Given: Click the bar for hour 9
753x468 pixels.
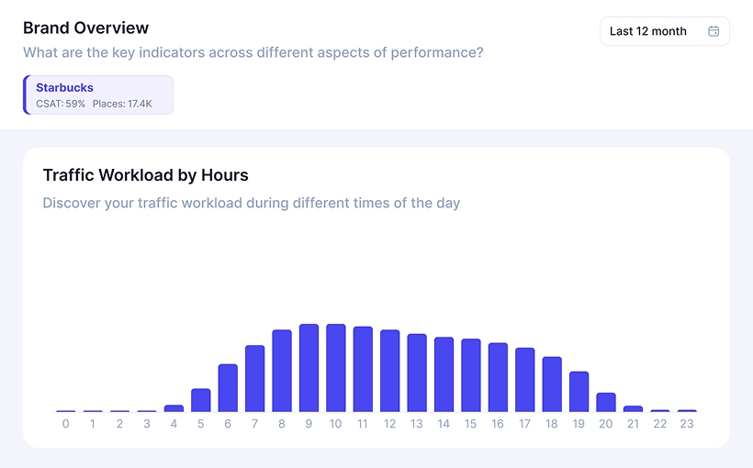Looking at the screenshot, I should [309, 368].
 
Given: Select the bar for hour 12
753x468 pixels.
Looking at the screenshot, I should [389, 371].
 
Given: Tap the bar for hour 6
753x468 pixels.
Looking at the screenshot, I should [228, 388].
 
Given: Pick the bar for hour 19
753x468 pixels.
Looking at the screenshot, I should [579, 392].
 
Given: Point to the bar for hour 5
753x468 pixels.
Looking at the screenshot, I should [200, 400].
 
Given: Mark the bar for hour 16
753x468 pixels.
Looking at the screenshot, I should [498, 377].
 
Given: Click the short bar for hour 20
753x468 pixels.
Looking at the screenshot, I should [606, 402].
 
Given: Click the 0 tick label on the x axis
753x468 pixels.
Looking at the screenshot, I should [65, 424].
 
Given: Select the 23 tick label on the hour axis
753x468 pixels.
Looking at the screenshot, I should [687, 424].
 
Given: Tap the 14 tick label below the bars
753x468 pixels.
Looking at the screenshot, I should [444, 424].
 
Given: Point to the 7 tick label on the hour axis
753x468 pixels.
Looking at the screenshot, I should [254, 424].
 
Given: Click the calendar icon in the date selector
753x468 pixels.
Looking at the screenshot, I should [714, 31].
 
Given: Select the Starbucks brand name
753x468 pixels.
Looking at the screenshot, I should [64, 88].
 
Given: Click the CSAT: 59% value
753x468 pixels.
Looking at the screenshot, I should [61, 105].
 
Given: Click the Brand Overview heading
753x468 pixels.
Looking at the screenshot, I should [85, 28].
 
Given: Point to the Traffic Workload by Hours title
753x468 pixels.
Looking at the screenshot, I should [145, 175].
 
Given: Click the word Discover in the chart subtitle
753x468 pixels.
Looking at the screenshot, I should [72, 203].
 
